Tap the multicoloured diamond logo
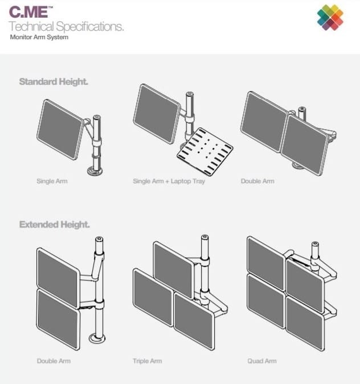tap(330, 17)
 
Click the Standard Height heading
tap(54, 82)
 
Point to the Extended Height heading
tap(54, 224)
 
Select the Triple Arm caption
tap(148, 361)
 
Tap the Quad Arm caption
tap(261, 361)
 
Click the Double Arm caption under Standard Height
tap(258, 181)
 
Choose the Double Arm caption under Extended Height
tap(53, 361)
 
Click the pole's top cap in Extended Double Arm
tap(100, 240)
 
